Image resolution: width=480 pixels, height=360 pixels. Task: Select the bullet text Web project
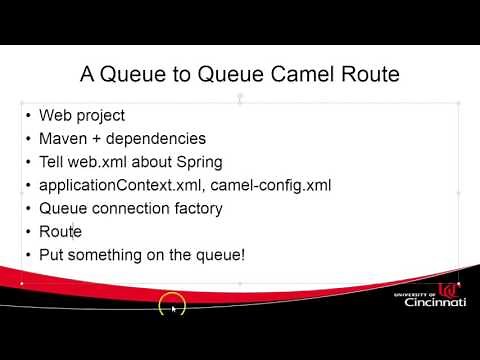click(x=82, y=115)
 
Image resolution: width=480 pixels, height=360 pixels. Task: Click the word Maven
click(x=62, y=138)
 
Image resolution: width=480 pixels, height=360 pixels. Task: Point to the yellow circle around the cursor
click(x=172, y=304)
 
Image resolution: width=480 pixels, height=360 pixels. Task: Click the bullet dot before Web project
click(x=28, y=116)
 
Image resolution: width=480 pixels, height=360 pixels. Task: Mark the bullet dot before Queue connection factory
click(x=28, y=209)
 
